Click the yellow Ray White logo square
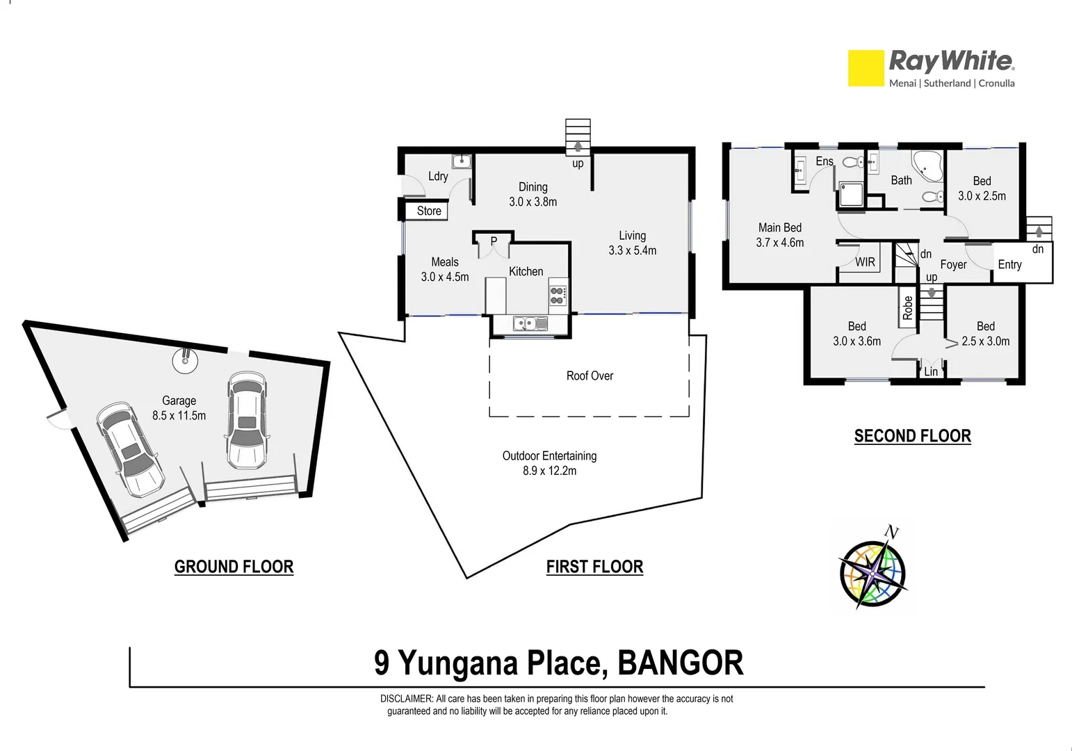pos(865,68)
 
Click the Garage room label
pos(179,401)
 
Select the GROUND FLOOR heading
pos(234,567)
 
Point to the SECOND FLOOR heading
pos(912,436)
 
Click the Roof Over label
pos(590,376)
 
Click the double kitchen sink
pos(530,323)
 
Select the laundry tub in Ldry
pos(462,162)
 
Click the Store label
pos(429,211)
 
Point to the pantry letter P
pos(494,241)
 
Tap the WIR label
pos(865,262)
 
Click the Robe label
pos(907,307)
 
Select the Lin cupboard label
pos(931,372)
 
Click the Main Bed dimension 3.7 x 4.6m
pos(779,243)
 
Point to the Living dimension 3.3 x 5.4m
pos(632,250)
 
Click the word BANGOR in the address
pos(680,663)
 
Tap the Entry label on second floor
pos(1009,264)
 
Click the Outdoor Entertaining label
pos(549,456)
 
